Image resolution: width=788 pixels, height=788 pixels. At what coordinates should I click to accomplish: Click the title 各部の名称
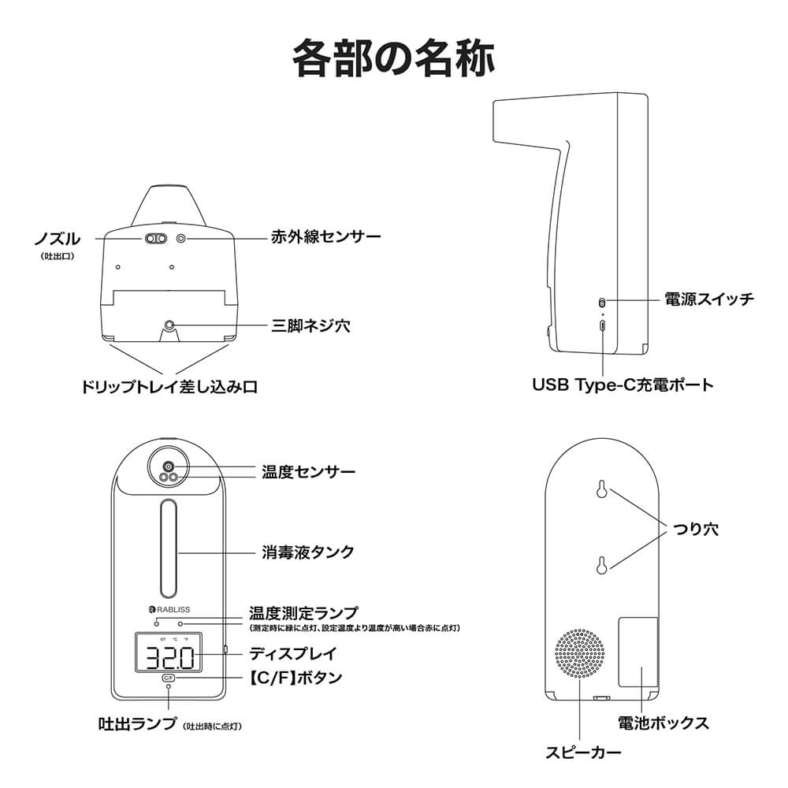[x=393, y=58]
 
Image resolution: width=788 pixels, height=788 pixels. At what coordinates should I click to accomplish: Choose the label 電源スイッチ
[x=710, y=299]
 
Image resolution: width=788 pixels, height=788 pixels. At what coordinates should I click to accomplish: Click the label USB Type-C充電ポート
[x=623, y=385]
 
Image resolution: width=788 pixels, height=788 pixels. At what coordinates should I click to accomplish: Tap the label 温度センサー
[x=308, y=472]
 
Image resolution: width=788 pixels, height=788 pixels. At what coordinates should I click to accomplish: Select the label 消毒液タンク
[x=308, y=552]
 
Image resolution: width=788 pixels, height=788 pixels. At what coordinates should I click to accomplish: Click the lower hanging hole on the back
[x=601, y=565]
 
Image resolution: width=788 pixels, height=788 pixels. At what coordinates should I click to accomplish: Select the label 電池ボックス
[x=663, y=723]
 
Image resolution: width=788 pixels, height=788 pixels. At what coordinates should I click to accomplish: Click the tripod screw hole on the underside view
[x=169, y=325]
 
